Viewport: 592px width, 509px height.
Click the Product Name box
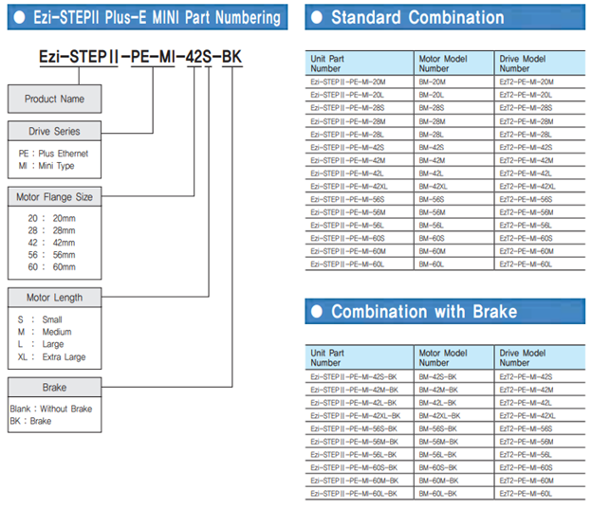[x=54, y=99]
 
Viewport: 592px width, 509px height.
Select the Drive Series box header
[x=54, y=132]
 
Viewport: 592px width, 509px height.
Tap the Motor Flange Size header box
[x=54, y=196]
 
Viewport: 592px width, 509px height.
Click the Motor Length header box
[x=54, y=298]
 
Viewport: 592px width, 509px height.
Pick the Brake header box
[x=54, y=387]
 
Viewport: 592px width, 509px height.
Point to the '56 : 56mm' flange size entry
[x=52, y=255]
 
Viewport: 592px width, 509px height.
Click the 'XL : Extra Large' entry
[x=52, y=356]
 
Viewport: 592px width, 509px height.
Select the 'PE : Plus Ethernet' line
[x=53, y=154]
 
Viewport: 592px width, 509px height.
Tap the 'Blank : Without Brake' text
[x=51, y=409]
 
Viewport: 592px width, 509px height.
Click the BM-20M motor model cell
[x=433, y=82]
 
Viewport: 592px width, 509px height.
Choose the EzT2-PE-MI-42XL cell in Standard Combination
[x=527, y=187]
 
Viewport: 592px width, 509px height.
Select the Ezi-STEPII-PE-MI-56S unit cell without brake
[x=347, y=199]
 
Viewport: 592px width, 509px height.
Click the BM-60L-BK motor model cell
[x=438, y=493]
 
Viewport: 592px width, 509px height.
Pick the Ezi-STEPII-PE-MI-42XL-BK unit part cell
[x=355, y=415]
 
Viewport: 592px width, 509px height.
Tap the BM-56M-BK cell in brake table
[x=438, y=442]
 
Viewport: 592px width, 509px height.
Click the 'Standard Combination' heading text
[x=417, y=17]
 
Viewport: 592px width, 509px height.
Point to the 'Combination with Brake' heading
[x=424, y=312]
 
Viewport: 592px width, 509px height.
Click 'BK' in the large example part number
[x=231, y=57]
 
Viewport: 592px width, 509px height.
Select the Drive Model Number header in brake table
[x=523, y=357]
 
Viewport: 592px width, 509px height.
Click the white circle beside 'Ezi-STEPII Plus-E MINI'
[x=19, y=17]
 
